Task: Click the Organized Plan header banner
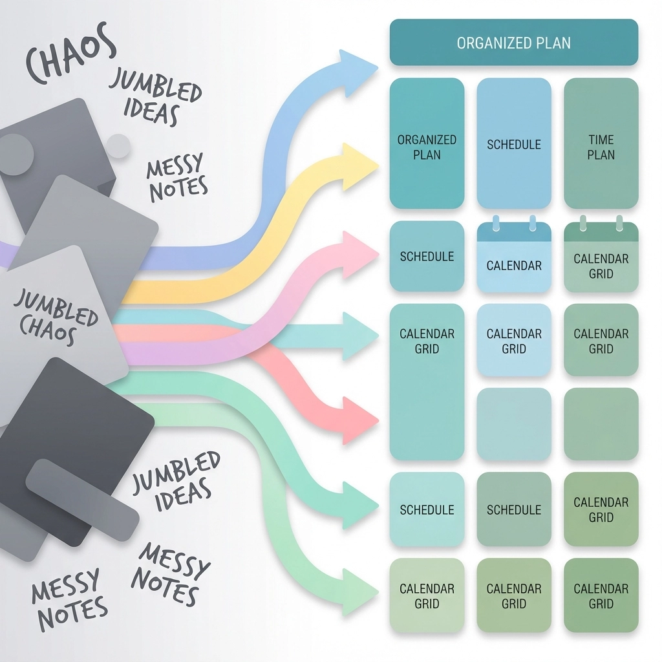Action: click(x=514, y=43)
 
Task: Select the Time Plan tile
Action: click(x=601, y=144)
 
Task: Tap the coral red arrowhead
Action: click(x=359, y=421)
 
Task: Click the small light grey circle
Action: click(x=118, y=146)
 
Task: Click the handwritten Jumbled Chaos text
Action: click(x=56, y=317)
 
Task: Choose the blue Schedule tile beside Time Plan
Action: click(x=514, y=144)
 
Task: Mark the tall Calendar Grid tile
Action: click(x=427, y=381)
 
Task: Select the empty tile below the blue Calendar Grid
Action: click(x=514, y=423)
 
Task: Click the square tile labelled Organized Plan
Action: click(x=427, y=144)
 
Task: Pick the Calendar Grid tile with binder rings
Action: click(x=601, y=259)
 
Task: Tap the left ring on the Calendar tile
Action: click(x=496, y=222)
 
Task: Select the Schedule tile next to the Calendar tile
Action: click(x=427, y=256)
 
